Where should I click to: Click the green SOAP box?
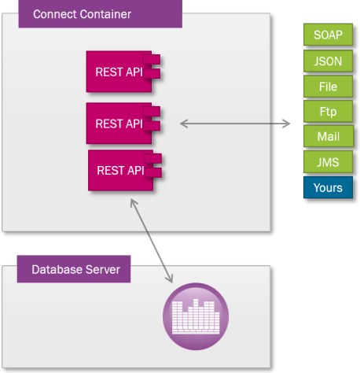(328, 35)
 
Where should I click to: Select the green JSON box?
(328, 61)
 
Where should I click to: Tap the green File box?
(328, 87)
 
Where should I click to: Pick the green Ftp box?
(328, 112)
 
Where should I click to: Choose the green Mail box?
(329, 136)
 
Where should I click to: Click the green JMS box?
(328, 162)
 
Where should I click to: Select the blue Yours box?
(328, 187)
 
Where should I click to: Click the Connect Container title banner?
(101, 13)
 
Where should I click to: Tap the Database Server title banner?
(74, 269)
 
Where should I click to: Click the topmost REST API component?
(123, 72)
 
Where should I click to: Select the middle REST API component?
(123, 124)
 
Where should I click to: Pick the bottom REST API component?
(125, 170)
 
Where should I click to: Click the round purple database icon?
(196, 316)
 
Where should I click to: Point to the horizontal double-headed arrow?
(235, 124)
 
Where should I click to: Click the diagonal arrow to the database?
(152, 241)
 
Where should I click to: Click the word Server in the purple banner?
(103, 269)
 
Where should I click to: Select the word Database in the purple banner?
(57, 269)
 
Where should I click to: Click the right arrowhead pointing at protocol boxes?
(287, 124)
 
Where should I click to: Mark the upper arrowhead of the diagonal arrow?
(133, 202)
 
